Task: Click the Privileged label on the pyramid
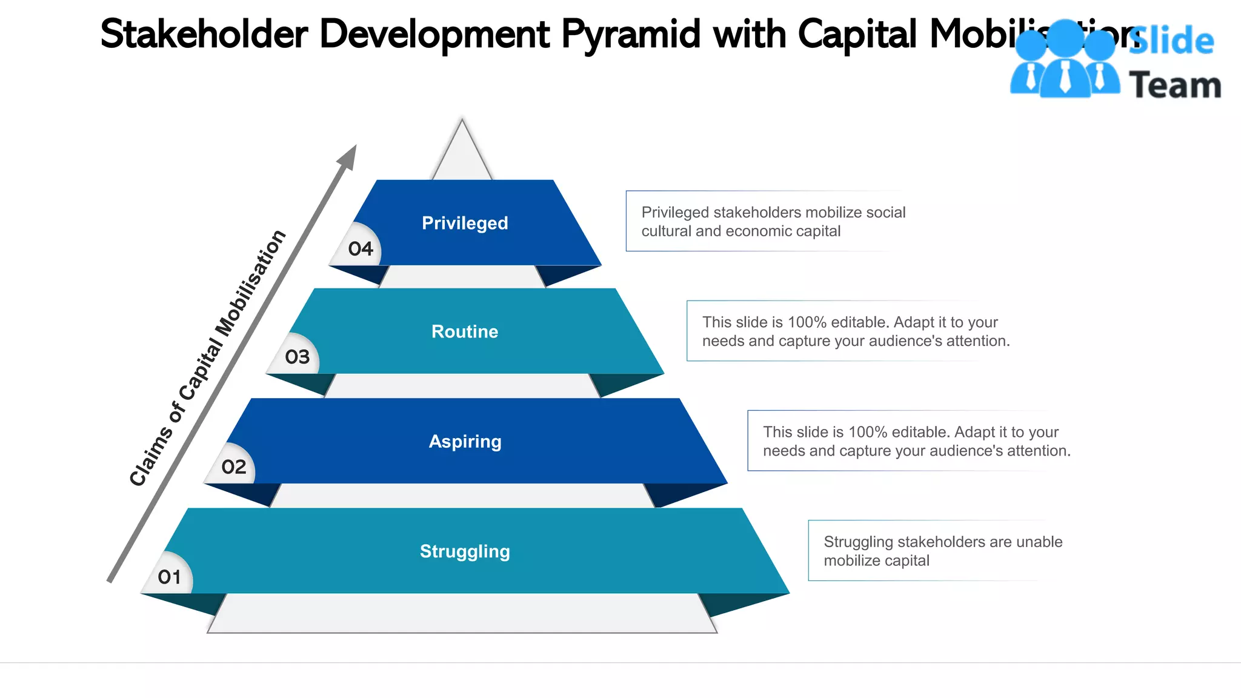[465, 223]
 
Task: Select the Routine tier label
[465, 331]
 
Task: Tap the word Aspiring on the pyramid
[465, 441]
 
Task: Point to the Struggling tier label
[465, 551]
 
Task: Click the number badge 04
[361, 248]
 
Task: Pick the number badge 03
[297, 357]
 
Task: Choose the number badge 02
[234, 467]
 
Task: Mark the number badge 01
[170, 577]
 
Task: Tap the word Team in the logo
[1175, 85]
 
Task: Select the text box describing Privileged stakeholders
[764, 221]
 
